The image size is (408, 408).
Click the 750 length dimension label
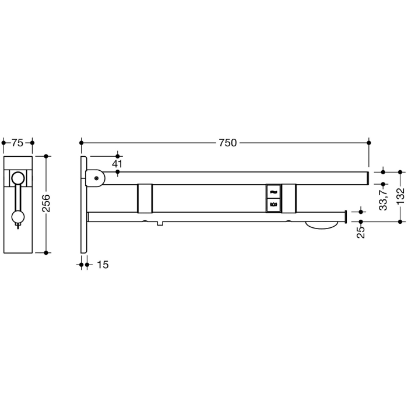[227, 143]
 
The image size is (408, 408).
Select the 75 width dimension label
[17, 143]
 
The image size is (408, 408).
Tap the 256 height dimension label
[47, 203]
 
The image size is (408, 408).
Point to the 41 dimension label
[117, 164]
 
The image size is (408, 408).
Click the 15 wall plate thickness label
[102, 265]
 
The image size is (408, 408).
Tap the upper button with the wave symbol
[273, 191]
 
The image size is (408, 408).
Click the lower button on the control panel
[273, 204]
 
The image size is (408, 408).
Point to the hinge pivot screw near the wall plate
[95, 178]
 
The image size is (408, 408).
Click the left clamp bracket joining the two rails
[145, 199]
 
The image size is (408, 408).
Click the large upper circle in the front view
[19, 179]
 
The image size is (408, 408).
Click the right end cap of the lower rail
[346, 216]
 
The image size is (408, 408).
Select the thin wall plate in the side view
[84, 204]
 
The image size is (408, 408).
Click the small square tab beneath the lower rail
[160, 224]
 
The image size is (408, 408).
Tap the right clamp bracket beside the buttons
[289, 199]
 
